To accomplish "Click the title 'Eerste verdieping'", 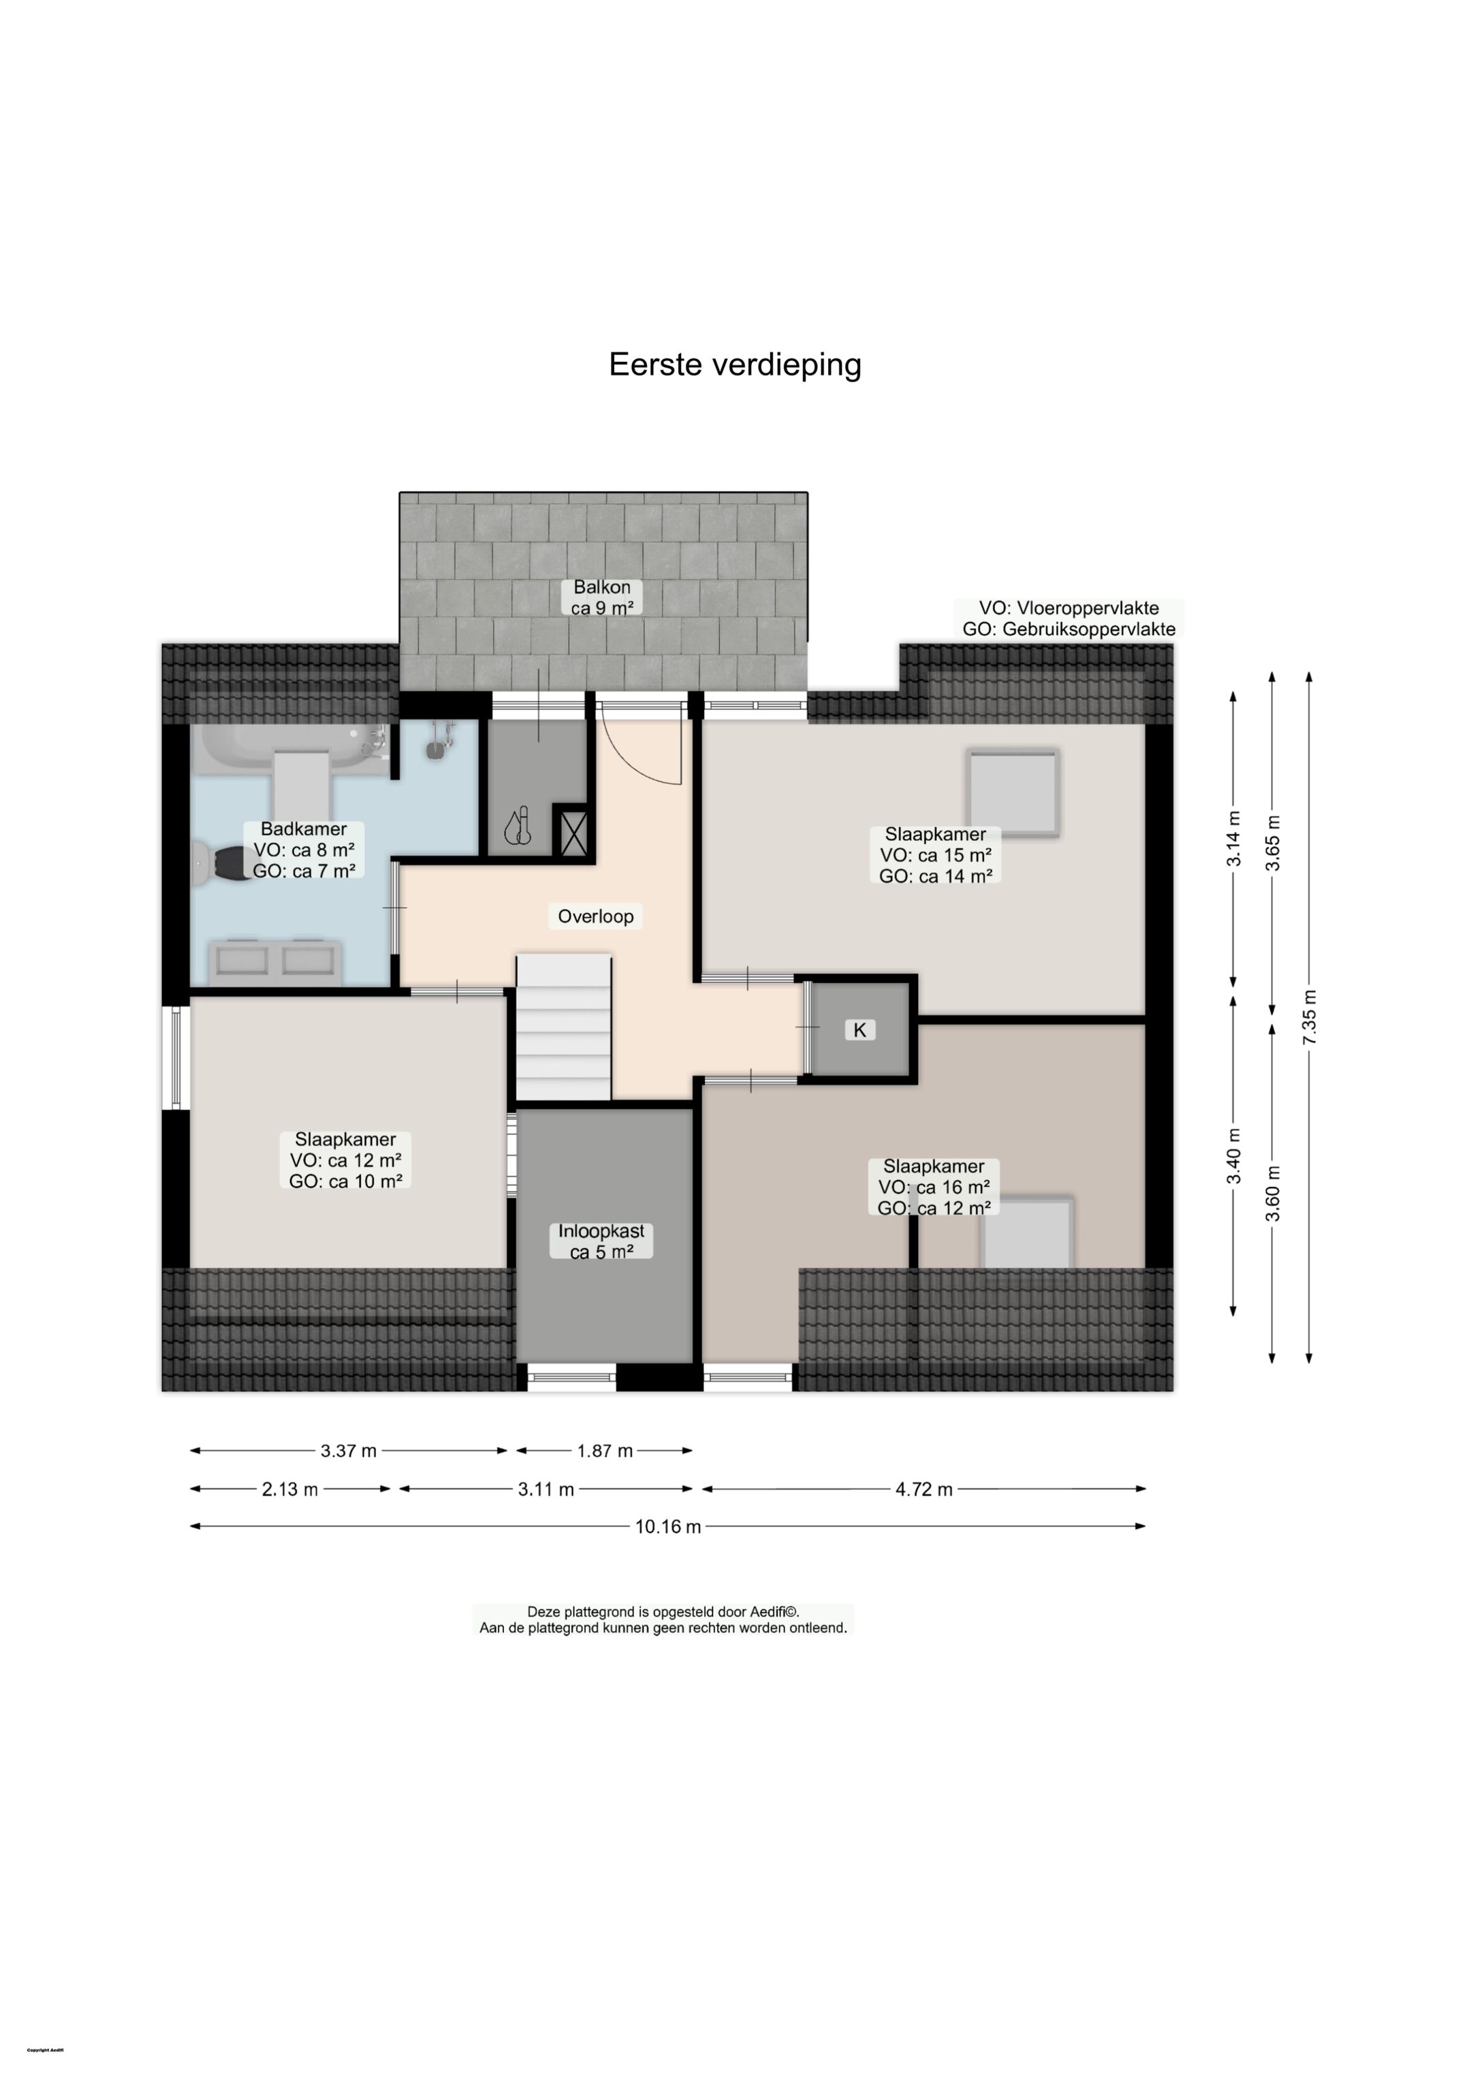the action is [x=735, y=364].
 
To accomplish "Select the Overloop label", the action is [x=595, y=916].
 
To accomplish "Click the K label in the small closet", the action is [x=859, y=1029].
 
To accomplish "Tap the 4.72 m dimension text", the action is [x=924, y=1489].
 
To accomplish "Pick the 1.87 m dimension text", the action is [x=604, y=1451].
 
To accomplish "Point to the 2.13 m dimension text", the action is [x=290, y=1489].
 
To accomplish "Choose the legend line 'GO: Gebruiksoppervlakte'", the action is [x=1069, y=629].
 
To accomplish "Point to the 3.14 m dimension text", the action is [x=1234, y=838].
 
